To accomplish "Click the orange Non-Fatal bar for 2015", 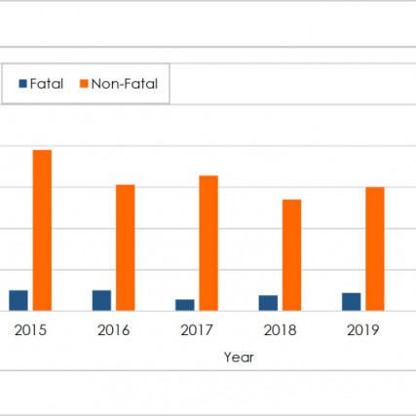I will click(x=42, y=230).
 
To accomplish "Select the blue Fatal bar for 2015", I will click(x=19, y=300).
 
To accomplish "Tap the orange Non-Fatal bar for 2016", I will click(x=126, y=247).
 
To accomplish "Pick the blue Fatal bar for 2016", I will click(x=101, y=300).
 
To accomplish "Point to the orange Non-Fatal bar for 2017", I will click(x=208, y=243).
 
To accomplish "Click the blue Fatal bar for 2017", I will click(x=185, y=305).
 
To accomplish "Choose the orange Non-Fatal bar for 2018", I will click(x=291, y=255).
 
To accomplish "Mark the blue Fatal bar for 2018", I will click(x=268, y=303).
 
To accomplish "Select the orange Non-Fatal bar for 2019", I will click(x=375, y=248).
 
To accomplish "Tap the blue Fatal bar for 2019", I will click(x=351, y=301).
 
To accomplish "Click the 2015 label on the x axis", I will click(x=30, y=330).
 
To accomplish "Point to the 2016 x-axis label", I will click(x=114, y=330).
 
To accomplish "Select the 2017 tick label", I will click(x=197, y=330).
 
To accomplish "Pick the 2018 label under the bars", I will click(x=280, y=330).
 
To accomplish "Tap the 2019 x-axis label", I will click(x=362, y=330).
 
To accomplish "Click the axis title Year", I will click(x=239, y=358).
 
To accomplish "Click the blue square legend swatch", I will click(x=22, y=85).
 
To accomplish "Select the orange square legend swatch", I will click(x=83, y=85).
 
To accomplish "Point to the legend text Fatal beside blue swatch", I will click(x=47, y=85).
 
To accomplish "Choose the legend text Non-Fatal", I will click(x=124, y=85).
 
